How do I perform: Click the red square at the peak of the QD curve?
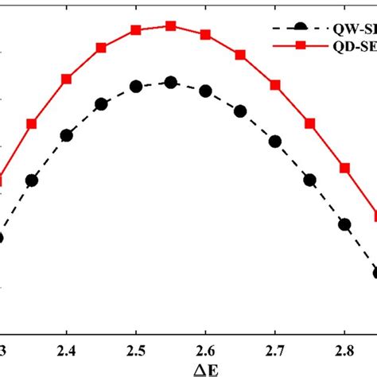click(170, 25)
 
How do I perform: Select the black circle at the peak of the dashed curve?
click(170, 82)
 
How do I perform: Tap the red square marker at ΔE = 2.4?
click(67, 79)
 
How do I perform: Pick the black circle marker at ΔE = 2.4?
click(67, 135)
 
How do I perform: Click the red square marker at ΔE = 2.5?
click(136, 30)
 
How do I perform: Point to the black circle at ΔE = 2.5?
click(136, 86)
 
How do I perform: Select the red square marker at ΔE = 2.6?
click(206, 36)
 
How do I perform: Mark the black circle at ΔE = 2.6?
click(205, 91)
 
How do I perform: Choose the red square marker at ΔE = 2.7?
click(275, 84)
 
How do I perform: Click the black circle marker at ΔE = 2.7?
click(275, 142)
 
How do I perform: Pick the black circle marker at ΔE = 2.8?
click(344, 224)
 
